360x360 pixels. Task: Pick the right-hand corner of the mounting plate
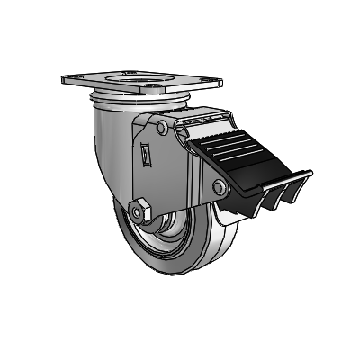click(219, 84)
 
